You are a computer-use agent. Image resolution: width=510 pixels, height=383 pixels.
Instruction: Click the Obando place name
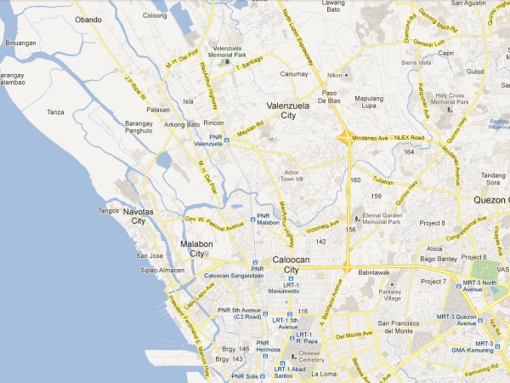click(x=88, y=19)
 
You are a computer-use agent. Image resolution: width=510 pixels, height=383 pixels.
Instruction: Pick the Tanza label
click(x=56, y=112)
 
